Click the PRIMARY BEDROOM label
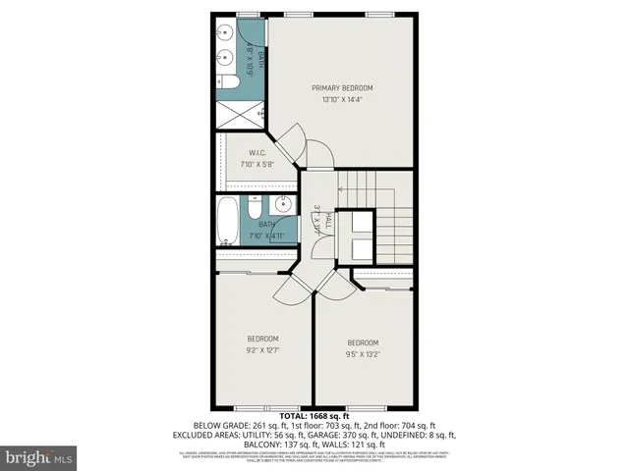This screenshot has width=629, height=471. pos(342,87)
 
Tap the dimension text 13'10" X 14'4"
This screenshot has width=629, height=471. pos(342,99)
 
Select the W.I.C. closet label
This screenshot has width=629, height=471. pos(258,153)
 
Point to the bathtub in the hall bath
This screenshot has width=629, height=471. pos(226,221)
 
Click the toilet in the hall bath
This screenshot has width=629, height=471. pos(254,210)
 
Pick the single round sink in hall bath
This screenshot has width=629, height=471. pos(281,205)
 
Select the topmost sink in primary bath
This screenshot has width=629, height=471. pos(224,33)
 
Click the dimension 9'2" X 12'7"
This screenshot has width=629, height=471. pos(262,350)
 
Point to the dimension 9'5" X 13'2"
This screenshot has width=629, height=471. pos(363,354)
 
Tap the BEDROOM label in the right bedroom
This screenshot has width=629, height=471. pos(363,342)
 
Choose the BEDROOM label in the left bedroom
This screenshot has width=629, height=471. pos(262,339)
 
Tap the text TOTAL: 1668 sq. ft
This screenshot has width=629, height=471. pos(314,415)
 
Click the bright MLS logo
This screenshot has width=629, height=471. pos(39,456)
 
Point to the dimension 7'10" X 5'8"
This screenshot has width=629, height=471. pos(258,165)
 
